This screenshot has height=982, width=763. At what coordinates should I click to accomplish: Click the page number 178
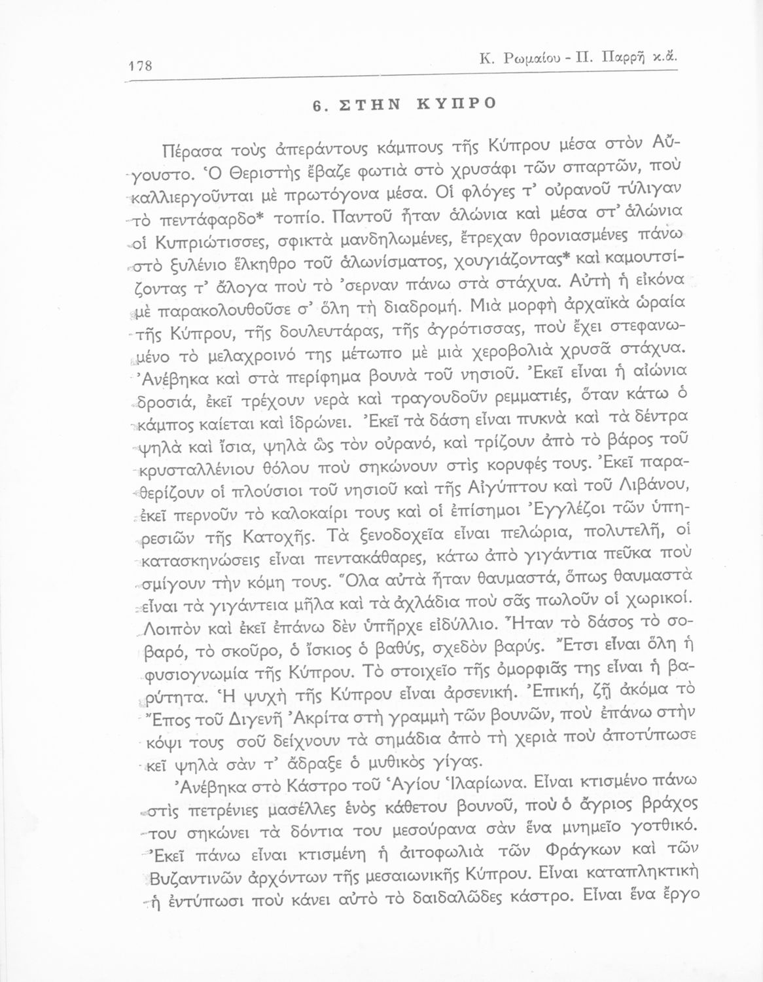(x=141, y=66)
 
